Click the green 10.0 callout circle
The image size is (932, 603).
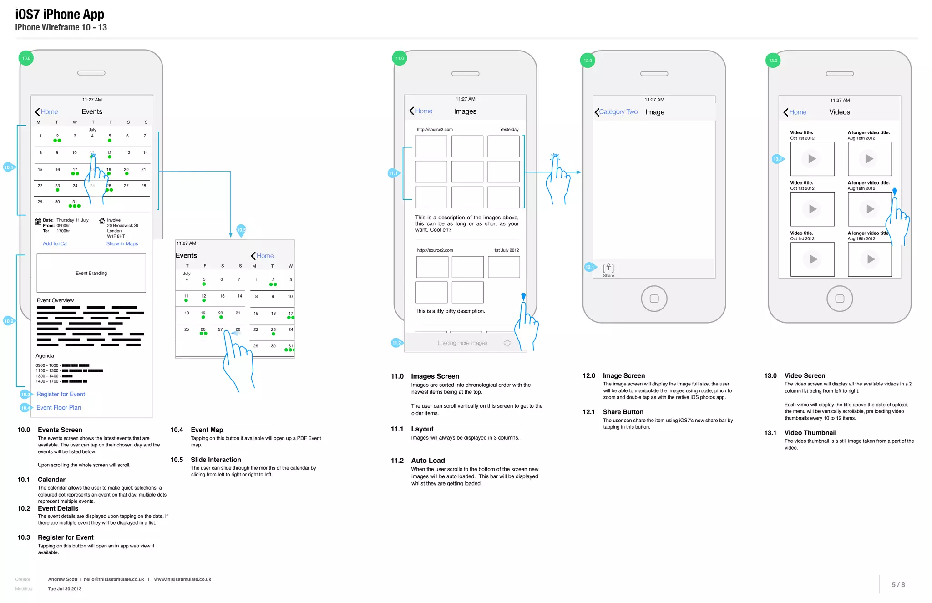click(26, 58)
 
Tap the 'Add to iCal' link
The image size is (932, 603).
click(55, 244)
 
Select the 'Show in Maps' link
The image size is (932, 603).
click(122, 244)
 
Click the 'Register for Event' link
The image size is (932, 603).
click(61, 394)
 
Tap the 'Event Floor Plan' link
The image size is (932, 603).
click(59, 407)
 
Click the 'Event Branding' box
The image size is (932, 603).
click(91, 273)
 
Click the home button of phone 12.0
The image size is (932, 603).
click(654, 299)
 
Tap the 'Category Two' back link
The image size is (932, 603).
click(618, 112)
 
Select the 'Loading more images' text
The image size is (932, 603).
click(462, 343)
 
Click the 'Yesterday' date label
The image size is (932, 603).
click(509, 130)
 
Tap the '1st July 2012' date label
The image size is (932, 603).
click(507, 250)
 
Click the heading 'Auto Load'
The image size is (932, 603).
click(428, 461)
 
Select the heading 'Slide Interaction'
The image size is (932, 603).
click(216, 460)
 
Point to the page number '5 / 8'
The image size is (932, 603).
click(898, 585)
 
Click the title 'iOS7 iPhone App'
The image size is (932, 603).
click(60, 15)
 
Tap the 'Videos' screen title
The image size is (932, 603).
click(840, 112)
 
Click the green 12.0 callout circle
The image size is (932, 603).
click(588, 61)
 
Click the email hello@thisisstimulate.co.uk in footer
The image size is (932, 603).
click(114, 579)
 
